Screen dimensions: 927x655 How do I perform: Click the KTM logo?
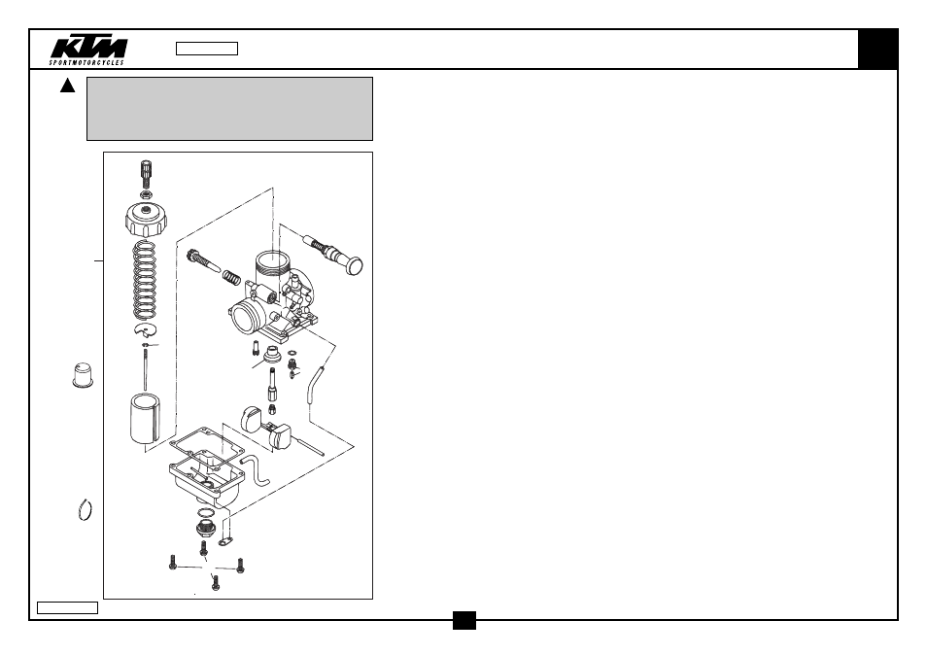[88, 51]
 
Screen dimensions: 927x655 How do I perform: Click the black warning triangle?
[67, 86]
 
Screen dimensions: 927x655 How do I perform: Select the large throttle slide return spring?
[145, 280]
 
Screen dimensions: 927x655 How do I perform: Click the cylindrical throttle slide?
[145, 419]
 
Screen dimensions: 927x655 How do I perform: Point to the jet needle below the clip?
[145, 369]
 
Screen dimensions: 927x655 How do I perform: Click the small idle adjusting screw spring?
[231, 276]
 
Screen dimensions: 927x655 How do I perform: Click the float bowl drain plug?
[205, 528]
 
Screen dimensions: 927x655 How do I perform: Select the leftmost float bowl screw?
[173, 562]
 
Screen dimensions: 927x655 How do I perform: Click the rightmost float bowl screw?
[240, 566]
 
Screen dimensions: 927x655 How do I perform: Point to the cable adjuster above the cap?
[146, 172]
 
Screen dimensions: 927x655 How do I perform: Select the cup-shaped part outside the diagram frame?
[83, 375]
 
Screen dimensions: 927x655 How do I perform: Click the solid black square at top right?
[878, 49]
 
